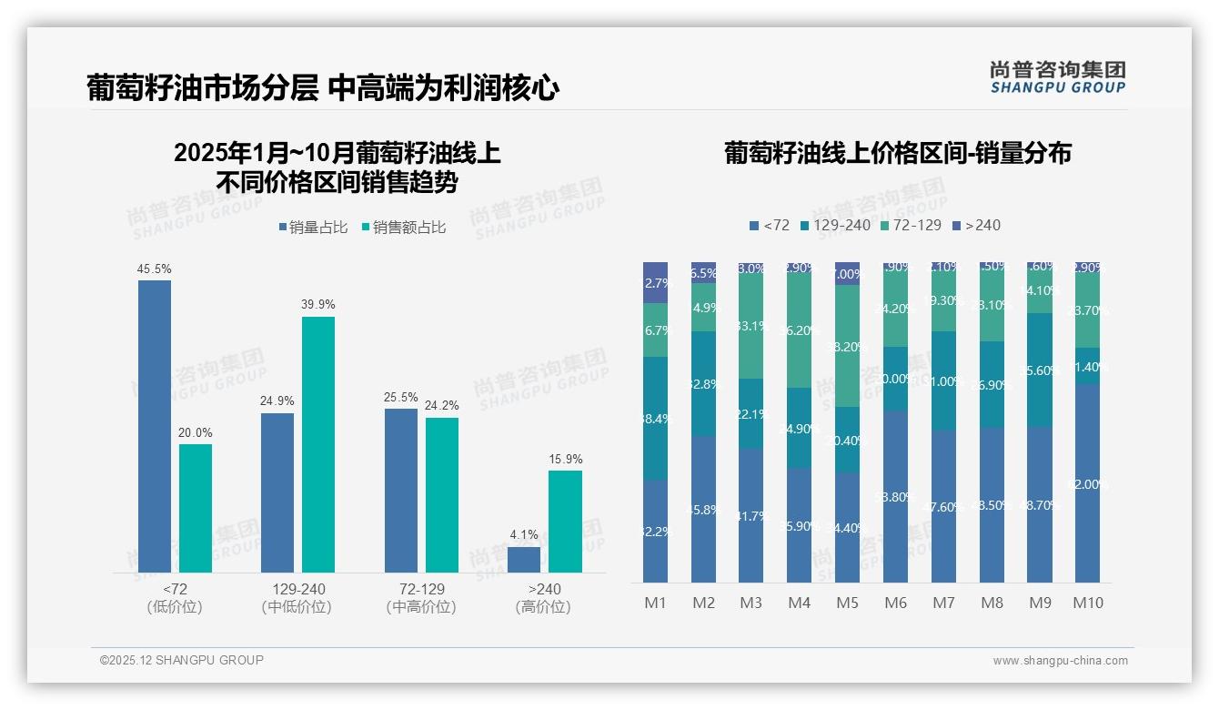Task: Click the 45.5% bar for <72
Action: [155, 426]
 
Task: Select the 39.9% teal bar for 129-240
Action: [318, 444]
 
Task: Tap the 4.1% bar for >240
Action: [524, 560]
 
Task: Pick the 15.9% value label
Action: [566, 460]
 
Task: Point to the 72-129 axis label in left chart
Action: [421, 589]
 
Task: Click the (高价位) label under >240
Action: [543, 607]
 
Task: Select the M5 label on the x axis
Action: [847, 603]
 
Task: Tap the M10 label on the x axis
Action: [1087, 603]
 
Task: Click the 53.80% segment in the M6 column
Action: [895, 496]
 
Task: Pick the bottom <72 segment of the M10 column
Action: [1087, 483]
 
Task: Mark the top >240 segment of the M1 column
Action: [655, 282]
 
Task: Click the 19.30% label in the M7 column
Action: [943, 301]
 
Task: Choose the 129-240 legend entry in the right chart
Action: [834, 225]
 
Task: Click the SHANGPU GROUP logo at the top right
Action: [1057, 76]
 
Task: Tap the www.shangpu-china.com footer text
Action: [1060, 661]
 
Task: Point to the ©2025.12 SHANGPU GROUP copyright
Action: [182, 660]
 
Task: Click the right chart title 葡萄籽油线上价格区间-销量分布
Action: [897, 153]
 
